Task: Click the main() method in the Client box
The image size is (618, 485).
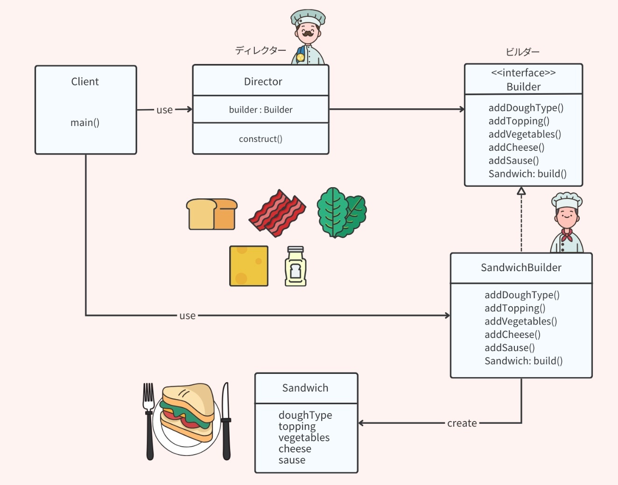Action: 85,123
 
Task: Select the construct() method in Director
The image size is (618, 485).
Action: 260,139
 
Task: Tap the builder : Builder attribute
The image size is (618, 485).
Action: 260,110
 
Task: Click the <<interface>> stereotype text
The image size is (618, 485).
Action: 523,73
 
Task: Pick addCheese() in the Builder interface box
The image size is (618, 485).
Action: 516,148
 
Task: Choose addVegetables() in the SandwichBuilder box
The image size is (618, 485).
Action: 520,322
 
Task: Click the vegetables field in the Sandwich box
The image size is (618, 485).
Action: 304,438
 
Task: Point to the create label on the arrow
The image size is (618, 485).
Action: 462,423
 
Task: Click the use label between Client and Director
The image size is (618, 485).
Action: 164,110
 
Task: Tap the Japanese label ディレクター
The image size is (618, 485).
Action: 260,50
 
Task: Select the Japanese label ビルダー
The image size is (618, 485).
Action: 522,52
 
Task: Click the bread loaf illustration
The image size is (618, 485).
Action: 211,214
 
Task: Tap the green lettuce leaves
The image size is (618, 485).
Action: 341,212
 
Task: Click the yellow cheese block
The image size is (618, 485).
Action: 249,266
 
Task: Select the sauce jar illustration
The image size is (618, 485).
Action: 295,266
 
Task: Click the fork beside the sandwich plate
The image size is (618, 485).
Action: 149,420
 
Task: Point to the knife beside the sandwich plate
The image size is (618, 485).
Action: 226,420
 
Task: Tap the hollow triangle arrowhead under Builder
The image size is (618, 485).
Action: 521,190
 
